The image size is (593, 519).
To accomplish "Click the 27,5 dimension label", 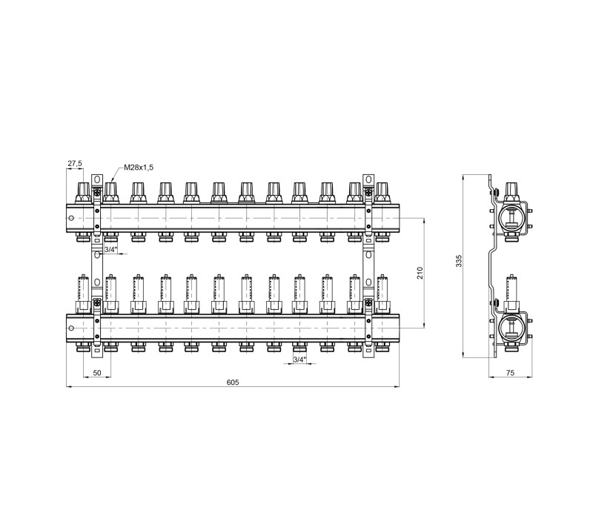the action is coord(75,163).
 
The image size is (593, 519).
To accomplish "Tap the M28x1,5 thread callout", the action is coord(139,168).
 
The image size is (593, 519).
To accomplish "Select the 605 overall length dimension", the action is coord(233,382).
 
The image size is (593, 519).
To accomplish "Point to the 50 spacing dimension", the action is coord(97,373).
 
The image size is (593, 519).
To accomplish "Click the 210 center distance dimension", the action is coord(420,273).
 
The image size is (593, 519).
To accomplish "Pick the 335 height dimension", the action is coord(459,261).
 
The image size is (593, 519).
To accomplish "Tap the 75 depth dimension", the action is coord(510,373).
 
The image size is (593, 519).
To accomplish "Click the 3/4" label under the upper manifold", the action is coord(110,249).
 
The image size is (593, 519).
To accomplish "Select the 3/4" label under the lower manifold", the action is coord(299,360).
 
